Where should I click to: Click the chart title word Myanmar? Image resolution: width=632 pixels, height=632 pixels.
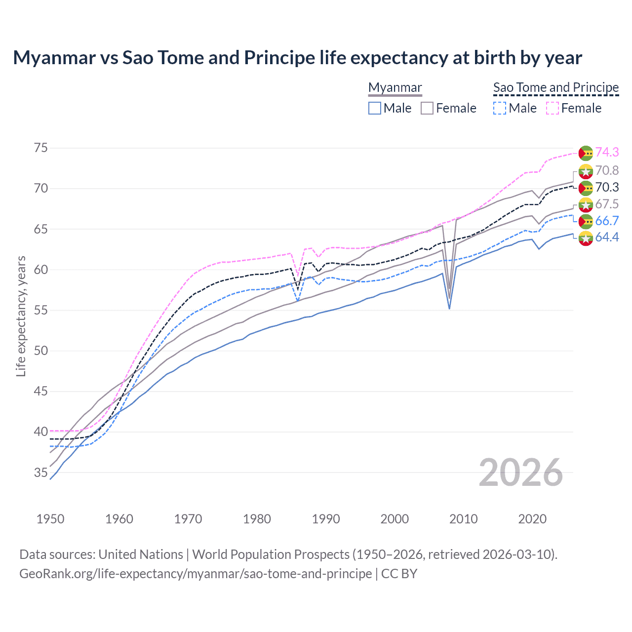click(x=54, y=58)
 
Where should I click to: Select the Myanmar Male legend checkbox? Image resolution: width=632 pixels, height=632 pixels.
click(x=375, y=108)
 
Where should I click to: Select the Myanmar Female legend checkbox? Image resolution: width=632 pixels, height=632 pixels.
click(x=427, y=108)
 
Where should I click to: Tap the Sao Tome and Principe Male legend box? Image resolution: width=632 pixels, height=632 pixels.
click(x=500, y=108)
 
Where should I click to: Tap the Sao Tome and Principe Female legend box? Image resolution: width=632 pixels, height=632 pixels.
click(x=552, y=108)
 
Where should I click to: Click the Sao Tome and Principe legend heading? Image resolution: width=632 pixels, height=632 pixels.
click(x=556, y=87)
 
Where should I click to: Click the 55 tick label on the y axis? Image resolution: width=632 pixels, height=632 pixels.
click(x=41, y=311)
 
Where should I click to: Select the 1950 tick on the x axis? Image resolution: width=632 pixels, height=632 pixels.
click(x=50, y=519)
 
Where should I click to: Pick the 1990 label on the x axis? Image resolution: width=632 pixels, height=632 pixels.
click(x=326, y=519)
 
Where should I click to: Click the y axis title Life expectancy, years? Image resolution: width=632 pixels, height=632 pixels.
click(x=21, y=316)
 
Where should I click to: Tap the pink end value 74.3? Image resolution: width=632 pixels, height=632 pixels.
click(x=607, y=153)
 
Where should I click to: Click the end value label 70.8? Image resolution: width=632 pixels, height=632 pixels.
click(x=607, y=170)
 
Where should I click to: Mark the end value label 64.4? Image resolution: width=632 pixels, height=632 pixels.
click(x=607, y=237)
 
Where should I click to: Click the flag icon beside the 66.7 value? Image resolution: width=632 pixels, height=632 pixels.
click(x=586, y=221)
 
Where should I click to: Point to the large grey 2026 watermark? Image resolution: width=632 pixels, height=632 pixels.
click(x=520, y=473)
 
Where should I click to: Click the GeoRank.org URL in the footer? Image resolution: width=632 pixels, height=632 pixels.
click(x=196, y=574)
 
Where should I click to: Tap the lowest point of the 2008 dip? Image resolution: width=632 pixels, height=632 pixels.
click(x=449, y=309)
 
